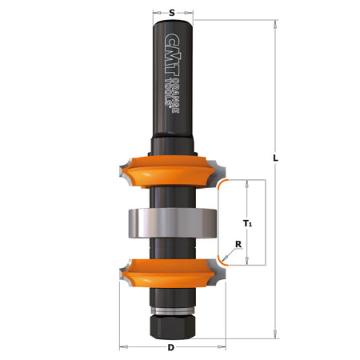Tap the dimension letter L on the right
275,158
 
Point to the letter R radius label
238,246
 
